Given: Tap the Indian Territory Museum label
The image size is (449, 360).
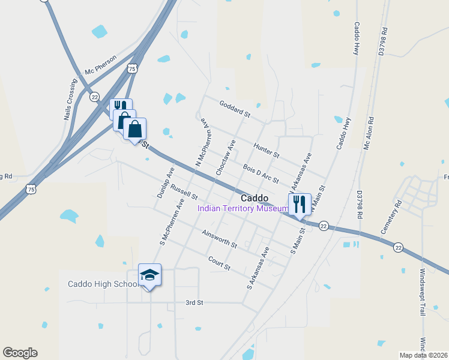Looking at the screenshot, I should (243, 209).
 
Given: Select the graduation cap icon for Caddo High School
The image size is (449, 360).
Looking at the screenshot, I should (149, 275).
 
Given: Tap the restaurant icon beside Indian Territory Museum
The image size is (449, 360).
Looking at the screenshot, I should (299, 204).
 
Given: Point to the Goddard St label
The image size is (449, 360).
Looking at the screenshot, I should (234, 109).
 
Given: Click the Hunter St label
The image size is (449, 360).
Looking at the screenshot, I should (267, 150).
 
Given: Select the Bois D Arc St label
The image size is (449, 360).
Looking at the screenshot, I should (261, 173).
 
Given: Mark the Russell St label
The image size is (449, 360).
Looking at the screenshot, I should (184, 191).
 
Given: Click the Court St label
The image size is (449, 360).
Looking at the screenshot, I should (219, 263).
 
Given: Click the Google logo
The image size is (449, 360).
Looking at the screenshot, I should (20, 353).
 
